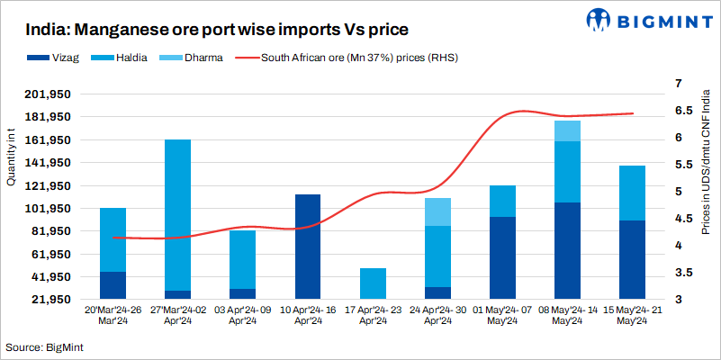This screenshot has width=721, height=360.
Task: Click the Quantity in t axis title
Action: [x=11, y=157]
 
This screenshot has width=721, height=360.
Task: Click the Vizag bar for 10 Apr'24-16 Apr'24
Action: [x=308, y=247]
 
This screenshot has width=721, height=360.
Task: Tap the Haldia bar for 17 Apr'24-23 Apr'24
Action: [x=373, y=283]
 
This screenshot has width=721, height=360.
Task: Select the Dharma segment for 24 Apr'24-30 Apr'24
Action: [x=437, y=211]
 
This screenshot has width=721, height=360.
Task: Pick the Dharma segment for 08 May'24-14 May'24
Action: [x=567, y=130]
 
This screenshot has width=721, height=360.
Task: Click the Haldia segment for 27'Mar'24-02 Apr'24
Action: [x=177, y=215]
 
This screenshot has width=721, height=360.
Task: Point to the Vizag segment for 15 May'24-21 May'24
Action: [x=632, y=259]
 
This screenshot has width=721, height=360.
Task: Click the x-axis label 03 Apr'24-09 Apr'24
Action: [x=242, y=314]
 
